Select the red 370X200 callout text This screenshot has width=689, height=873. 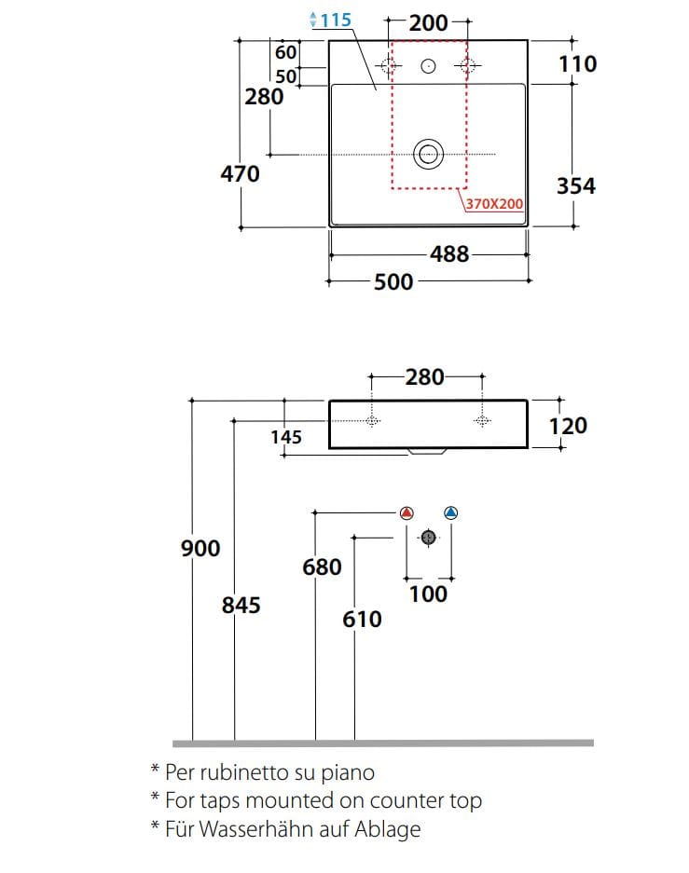[x=495, y=204]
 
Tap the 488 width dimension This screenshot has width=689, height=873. [x=449, y=254]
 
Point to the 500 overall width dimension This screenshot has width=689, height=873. [x=393, y=281]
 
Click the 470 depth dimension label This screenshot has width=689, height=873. [x=240, y=173]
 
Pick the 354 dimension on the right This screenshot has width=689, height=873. [x=576, y=186]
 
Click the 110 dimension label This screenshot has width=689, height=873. [x=578, y=64]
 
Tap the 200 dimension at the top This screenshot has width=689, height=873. [x=428, y=23]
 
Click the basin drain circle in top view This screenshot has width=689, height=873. [x=428, y=154]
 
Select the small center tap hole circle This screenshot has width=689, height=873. [x=428, y=66]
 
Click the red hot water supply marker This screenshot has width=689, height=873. [x=407, y=512]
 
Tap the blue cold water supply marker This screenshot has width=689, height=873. [x=450, y=512]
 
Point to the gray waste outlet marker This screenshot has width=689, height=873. [x=428, y=538]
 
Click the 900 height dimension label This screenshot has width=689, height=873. [x=200, y=549]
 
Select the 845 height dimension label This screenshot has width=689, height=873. [x=241, y=606]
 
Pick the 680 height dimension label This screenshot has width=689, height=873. [x=322, y=567]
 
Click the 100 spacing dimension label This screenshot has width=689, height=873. [x=428, y=594]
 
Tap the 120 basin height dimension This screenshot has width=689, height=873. [x=568, y=426]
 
